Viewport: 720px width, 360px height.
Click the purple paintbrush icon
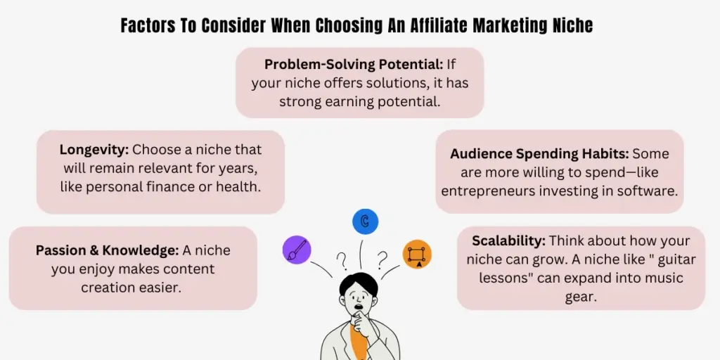click(x=296, y=249)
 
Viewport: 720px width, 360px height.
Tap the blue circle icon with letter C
click(x=365, y=221)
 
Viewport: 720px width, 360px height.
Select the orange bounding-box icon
click(x=417, y=255)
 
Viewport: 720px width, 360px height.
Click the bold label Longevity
click(x=94, y=150)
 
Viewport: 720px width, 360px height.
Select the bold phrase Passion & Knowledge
click(x=107, y=250)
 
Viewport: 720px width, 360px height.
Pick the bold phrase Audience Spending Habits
click(x=539, y=153)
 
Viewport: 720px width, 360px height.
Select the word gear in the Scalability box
click(x=581, y=296)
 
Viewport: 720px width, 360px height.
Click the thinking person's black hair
click(x=358, y=284)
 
